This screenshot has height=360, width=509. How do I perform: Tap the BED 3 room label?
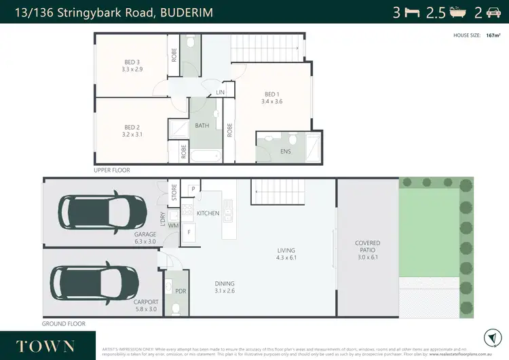[132, 65]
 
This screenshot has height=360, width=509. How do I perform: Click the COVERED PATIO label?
[367, 247]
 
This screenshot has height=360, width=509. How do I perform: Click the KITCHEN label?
[208, 213]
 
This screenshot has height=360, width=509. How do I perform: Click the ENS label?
[285, 151]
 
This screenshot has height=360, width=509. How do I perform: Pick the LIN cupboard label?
[220, 92]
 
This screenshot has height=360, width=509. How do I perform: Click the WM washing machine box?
[173, 226]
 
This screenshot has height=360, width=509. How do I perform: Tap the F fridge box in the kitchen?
[189, 232]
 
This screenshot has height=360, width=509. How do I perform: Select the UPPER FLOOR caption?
[112, 170]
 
